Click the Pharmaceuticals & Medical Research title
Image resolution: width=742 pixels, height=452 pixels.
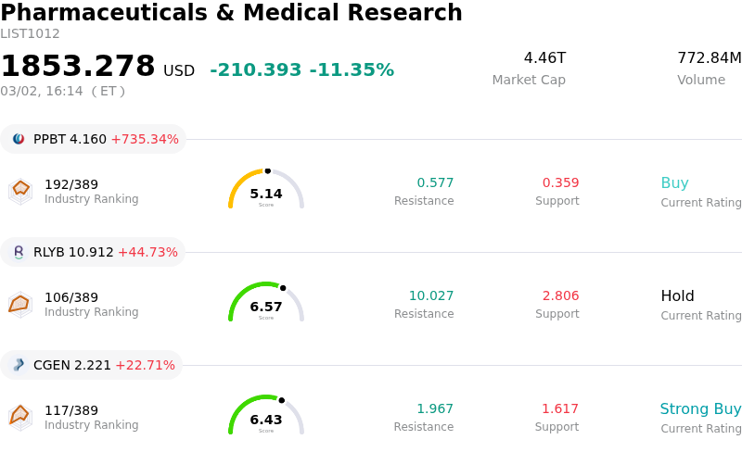[231, 13]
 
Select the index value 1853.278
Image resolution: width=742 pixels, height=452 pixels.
[78, 67]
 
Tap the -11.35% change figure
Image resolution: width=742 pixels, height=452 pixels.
[352, 70]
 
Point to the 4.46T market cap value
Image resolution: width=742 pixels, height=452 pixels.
[544, 58]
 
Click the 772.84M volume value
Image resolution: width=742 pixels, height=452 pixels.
[709, 58]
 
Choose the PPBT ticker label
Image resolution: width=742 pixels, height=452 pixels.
[49, 139]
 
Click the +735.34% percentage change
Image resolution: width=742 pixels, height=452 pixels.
[145, 139]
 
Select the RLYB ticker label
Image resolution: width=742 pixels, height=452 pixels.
[49, 252]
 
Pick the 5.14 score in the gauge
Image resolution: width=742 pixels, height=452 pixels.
[266, 194]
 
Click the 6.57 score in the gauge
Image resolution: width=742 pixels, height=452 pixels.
[266, 307]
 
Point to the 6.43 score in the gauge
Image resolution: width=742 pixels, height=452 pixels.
[266, 420]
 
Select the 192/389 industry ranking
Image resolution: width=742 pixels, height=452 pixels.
[71, 183]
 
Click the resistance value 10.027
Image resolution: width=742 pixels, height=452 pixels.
[431, 296]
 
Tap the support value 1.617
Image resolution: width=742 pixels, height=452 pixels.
[560, 409]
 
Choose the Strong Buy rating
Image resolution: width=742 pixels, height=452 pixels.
[700, 409]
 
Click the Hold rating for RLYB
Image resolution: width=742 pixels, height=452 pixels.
[677, 296]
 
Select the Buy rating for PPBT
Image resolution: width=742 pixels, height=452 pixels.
[674, 183]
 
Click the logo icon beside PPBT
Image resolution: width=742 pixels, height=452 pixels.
[19, 139]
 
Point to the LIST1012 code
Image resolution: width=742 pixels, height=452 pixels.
[30, 34]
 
